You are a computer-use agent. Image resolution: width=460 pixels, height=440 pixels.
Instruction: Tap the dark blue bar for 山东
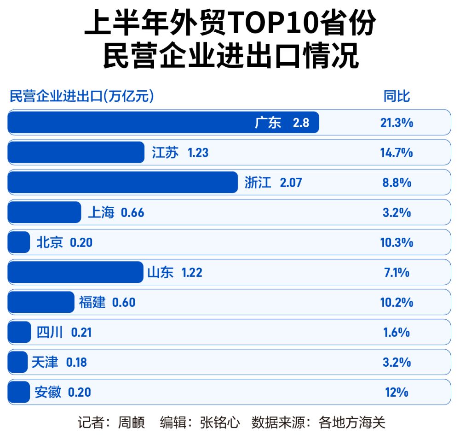coord(75,272)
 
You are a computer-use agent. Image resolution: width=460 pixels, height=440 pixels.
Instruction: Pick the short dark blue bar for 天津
coord(18,362)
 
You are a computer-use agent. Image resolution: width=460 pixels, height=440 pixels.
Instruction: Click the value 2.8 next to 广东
coord(301,123)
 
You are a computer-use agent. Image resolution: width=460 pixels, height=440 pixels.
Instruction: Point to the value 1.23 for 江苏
coord(198,153)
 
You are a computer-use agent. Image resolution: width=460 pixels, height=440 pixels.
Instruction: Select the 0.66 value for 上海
coord(132,212)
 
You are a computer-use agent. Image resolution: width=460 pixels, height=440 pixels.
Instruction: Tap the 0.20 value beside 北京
coord(81,242)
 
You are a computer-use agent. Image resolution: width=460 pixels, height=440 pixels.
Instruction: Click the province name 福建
coord(92,302)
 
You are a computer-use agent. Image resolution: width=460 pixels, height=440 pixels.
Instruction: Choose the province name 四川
coord(50,332)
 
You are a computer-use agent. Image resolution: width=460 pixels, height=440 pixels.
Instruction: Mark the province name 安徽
coord(48,392)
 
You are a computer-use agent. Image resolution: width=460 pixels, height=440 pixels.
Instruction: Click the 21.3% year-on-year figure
coord(397,123)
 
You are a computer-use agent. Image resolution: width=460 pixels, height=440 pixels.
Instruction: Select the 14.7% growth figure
coord(397,153)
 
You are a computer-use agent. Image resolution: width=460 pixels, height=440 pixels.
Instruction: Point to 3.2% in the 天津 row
coord(397,362)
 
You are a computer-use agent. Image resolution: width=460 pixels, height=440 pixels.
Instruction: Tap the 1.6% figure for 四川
coord(397,332)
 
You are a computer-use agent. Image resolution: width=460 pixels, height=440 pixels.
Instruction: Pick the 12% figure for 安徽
coord(397,392)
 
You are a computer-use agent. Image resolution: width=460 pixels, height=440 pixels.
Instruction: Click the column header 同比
coord(397,96)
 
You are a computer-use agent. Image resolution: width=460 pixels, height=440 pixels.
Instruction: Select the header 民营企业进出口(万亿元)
coord(82,96)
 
